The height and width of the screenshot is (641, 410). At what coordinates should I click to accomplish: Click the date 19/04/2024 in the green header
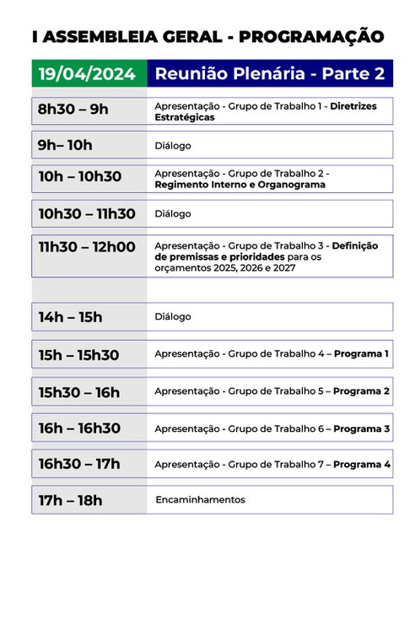(88, 74)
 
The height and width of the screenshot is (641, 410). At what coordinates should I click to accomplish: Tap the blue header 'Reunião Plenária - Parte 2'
(270, 74)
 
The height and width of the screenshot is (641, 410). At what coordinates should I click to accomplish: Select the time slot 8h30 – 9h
(73, 110)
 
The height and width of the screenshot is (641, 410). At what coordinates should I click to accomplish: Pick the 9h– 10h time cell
(66, 145)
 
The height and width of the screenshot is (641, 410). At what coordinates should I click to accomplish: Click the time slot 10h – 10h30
(80, 177)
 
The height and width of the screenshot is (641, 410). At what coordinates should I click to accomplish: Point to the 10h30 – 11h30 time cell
(87, 213)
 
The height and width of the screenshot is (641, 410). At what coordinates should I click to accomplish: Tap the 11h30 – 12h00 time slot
(87, 246)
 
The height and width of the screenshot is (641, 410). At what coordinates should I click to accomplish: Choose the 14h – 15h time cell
(71, 317)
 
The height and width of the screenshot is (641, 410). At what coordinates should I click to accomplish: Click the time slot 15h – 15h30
(79, 355)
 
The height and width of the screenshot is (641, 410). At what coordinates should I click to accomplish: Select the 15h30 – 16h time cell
(79, 392)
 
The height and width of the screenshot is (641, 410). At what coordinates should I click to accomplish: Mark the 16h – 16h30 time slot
(80, 428)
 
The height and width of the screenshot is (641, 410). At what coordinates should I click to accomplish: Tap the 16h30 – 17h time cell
(79, 464)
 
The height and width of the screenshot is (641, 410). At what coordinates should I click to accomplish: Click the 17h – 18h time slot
(71, 500)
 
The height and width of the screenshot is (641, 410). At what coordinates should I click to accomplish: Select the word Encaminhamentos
(200, 500)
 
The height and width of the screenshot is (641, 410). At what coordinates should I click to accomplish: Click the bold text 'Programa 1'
(361, 354)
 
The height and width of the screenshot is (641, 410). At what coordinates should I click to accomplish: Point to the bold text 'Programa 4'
(361, 465)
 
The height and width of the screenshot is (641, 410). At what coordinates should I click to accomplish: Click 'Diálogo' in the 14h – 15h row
(173, 317)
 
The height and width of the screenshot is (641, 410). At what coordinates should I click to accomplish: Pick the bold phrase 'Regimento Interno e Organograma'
(240, 185)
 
